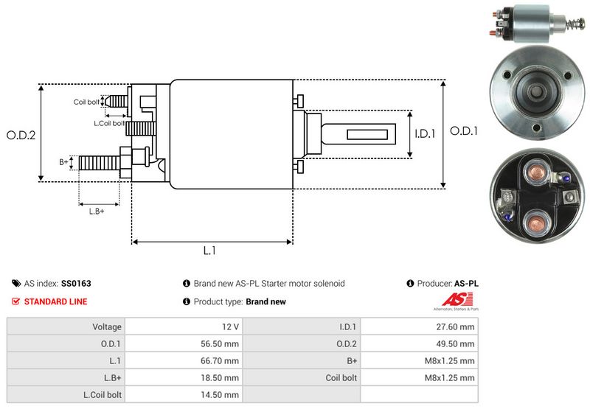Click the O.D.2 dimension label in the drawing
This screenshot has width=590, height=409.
pos(21,135)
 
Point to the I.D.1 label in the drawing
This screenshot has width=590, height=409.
pos(426,134)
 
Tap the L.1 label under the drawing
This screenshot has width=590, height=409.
pos(209,251)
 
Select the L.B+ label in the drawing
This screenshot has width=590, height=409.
pos(97,212)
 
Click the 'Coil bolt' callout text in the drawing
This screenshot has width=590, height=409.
pos(86,102)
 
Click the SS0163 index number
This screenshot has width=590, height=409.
pos(76,283)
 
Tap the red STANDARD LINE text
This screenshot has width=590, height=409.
pos(55,301)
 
